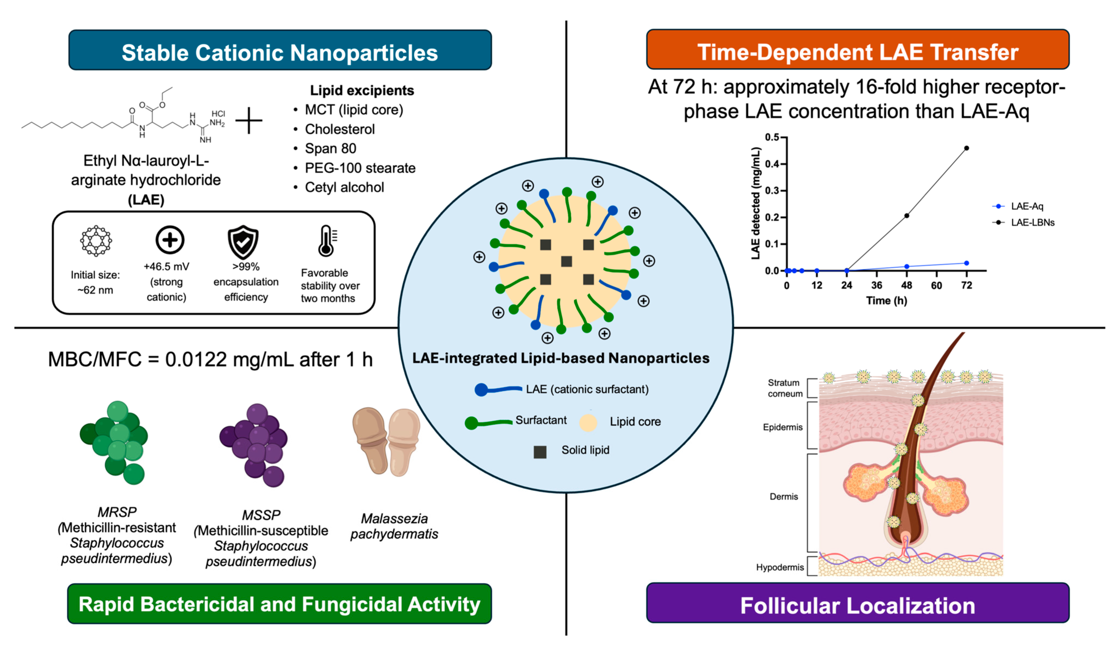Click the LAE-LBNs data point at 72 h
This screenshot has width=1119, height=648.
point(966,148)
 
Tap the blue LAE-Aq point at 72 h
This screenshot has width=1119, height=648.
point(966,263)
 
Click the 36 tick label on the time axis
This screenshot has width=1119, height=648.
point(876,285)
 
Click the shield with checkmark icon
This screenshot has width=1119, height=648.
point(243,242)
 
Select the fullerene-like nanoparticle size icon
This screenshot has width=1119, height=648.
point(96,241)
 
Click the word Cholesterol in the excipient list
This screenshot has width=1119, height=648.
point(340,129)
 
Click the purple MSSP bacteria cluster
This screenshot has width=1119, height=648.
point(254,444)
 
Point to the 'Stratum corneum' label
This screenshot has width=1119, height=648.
point(785,388)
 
